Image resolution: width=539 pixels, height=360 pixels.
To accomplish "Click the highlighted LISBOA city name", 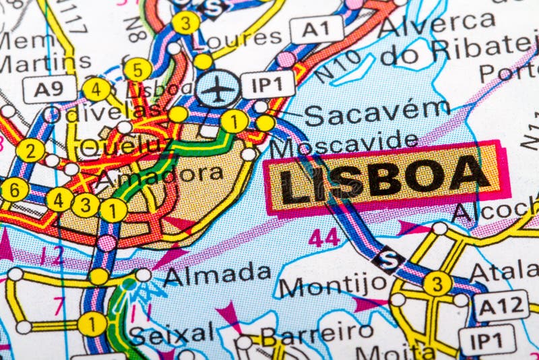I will click(x=385, y=178).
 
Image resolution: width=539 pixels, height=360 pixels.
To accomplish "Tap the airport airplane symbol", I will click(x=217, y=88).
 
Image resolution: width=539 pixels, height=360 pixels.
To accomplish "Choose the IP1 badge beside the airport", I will click(x=267, y=84).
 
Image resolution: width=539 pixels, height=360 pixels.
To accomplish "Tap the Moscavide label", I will click(x=344, y=142).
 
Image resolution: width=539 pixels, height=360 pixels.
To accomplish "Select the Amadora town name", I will click(x=159, y=175).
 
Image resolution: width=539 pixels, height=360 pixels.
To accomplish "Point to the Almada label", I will click(x=217, y=274).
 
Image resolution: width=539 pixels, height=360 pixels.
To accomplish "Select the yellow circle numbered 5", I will click(x=137, y=69).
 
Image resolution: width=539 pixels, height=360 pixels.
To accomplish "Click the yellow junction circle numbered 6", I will click(x=15, y=189).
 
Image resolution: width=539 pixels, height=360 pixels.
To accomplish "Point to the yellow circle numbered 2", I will click(x=31, y=150).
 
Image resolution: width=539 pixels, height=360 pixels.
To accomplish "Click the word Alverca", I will click(x=437, y=24).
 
